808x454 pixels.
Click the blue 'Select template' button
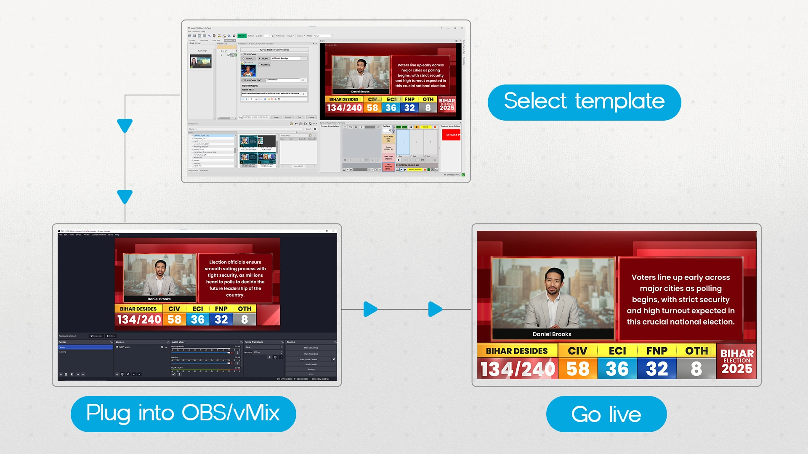coord(584,102)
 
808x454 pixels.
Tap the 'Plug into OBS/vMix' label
coord(183,414)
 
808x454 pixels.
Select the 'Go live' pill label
coord(606,414)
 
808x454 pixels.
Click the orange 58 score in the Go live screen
coord(577,369)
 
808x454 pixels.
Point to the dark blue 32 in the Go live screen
coord(656,369)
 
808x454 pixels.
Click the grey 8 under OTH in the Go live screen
coord(696,369)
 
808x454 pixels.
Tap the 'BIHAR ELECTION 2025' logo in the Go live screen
coord(736,361)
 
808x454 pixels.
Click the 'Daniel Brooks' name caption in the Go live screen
coord(552,334)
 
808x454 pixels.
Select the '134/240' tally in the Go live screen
coord(518,369)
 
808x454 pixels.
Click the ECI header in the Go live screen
coord(617,351)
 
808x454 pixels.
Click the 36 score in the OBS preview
coord(197,319)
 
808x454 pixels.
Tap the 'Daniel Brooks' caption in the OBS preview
coord(159,299)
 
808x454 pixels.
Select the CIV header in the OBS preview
coord(174,309)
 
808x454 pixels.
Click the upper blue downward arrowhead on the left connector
coord(125,125)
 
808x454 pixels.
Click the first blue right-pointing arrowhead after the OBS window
coord(370,309)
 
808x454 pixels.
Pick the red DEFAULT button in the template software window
coord(451,135)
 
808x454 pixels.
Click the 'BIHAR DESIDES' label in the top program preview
coord(344,100)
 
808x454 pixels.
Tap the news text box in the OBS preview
coord(235,278)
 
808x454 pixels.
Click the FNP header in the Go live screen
coord(656,351)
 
